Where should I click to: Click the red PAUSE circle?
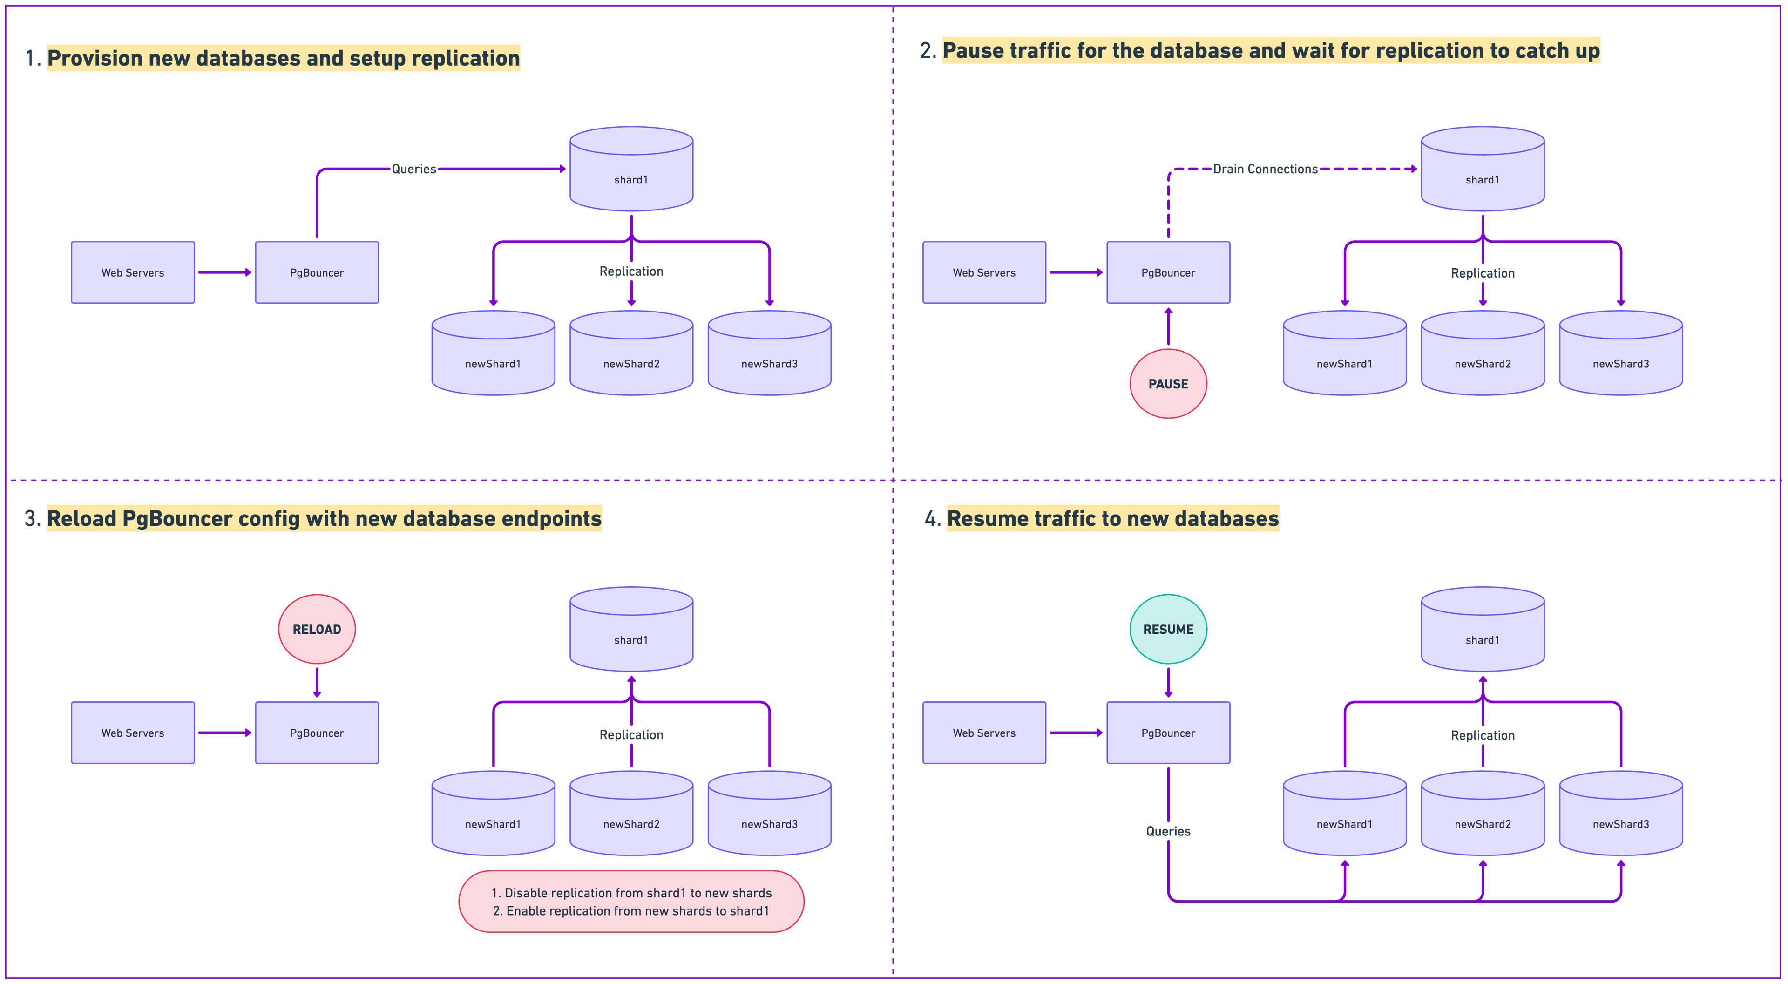(1168, 383)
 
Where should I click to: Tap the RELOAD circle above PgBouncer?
(317, 629)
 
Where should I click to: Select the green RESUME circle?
(1168, 629)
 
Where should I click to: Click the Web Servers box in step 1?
(133, 272)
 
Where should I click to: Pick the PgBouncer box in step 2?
(1168, 272)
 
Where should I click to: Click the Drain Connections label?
(1265, 169)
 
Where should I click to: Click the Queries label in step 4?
(1168, 831)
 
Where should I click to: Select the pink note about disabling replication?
(631, 902)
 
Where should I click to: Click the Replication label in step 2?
(1483, 273)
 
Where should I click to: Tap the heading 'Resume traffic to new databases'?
(1113, 519)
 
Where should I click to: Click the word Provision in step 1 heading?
(95, 58)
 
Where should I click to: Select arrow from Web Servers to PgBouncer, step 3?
(224, 733)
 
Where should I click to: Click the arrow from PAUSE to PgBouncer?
(1168, 326)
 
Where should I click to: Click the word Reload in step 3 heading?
(81, 519)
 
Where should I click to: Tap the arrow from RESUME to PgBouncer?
(1168, 682)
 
